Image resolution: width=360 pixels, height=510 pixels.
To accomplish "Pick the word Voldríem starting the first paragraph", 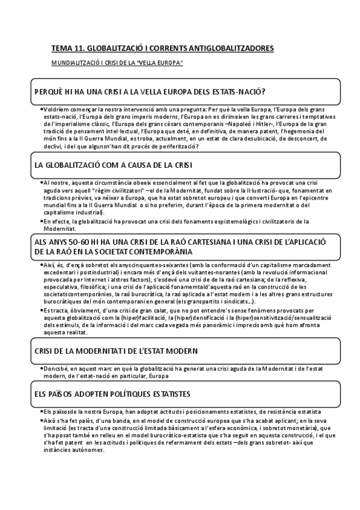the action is point(57,109).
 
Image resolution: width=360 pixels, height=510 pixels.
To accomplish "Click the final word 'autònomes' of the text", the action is point(89,449).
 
